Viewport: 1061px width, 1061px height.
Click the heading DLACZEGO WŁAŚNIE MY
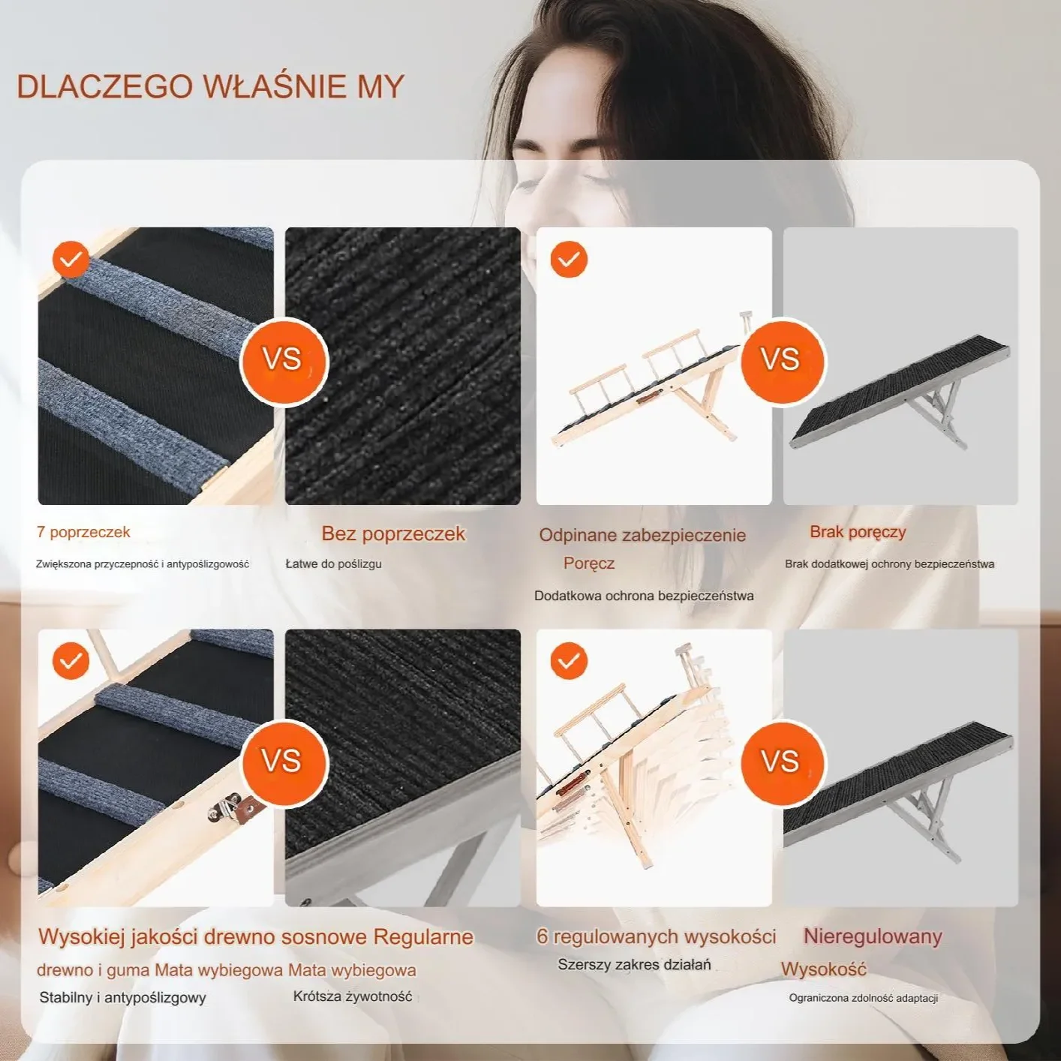210,86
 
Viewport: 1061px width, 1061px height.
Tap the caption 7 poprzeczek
83,532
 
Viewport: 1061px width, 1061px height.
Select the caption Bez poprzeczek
393,534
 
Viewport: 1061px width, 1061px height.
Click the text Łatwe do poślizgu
333,564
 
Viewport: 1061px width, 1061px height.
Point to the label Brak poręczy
858,532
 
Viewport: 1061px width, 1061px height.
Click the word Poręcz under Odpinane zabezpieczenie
588,564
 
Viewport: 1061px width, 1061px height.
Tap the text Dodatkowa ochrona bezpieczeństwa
644,596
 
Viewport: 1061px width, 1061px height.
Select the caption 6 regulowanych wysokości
657,936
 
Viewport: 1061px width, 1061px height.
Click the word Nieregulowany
873,936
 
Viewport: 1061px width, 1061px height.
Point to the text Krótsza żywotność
353,996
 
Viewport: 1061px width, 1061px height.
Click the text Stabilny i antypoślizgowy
122,998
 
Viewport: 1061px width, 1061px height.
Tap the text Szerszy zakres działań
634,965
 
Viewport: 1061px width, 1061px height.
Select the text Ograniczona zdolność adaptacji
864,998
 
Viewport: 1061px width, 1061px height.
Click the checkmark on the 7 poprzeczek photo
71,259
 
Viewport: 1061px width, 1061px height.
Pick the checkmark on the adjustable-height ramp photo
569,660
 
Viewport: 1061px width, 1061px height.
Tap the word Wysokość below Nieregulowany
824,969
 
